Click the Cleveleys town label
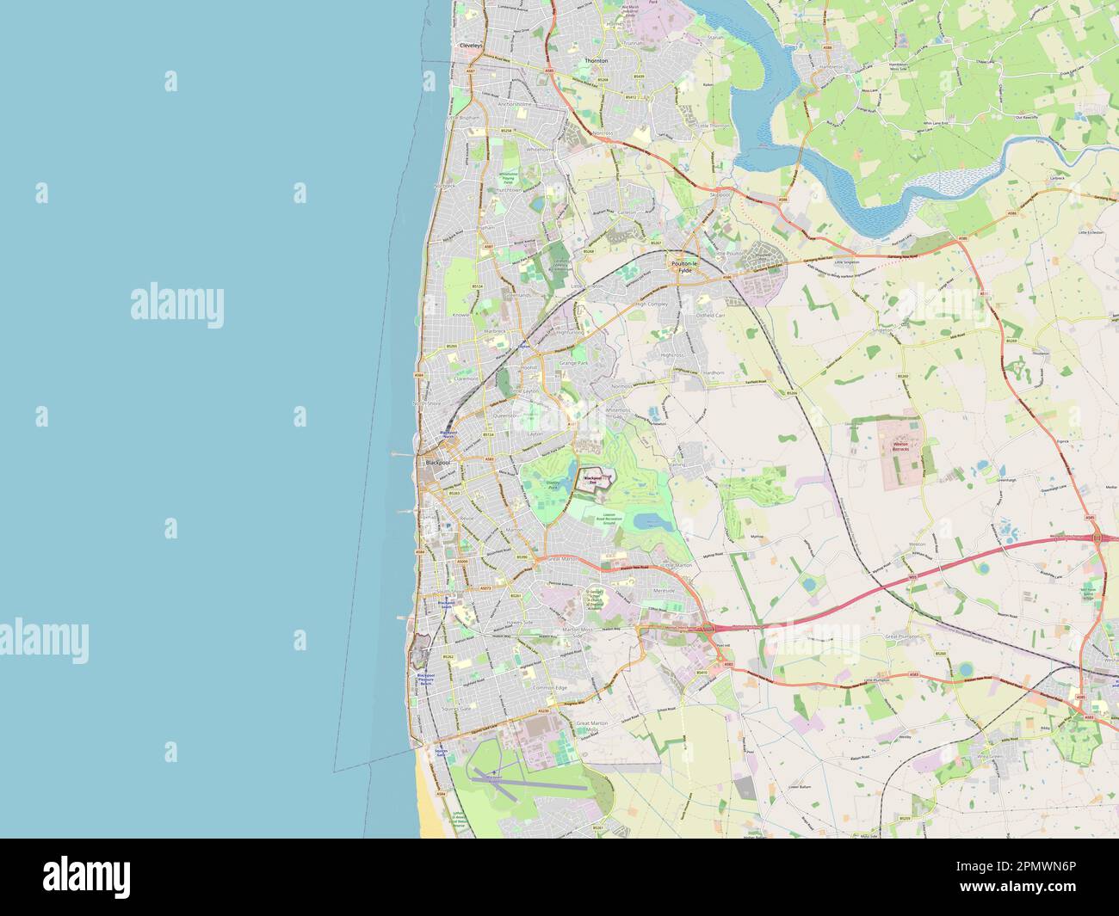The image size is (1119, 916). point(472,44)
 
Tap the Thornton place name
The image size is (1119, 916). point(596,62)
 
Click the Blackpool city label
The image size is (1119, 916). point(437,464)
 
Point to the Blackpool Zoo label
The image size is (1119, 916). point(593,477)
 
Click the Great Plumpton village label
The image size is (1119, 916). point(903,636)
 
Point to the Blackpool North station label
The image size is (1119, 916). point(447,434)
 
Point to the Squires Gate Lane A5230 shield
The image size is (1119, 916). point(542,711)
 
